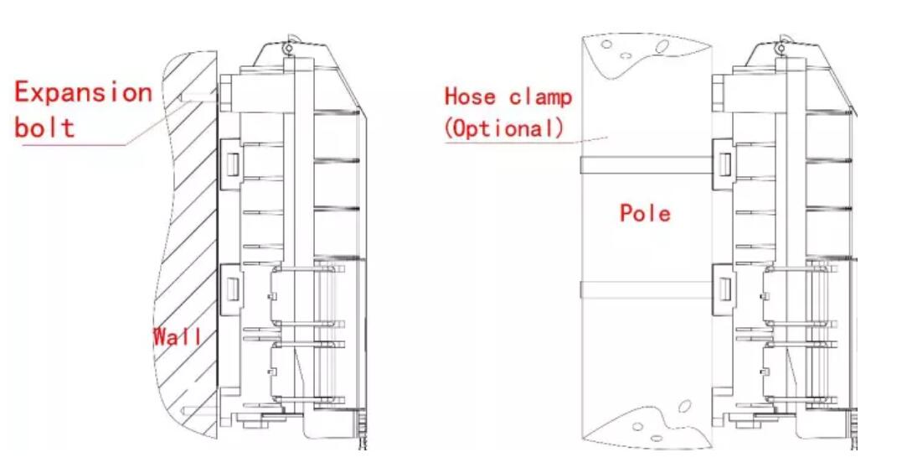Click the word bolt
pos(44,127)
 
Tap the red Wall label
pos(177,337)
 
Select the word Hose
pos(470,96)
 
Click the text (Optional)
pos(504,128)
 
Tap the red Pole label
pos(645,213)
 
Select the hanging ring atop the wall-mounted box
pos(290,48)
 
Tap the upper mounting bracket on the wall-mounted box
pos(229,159)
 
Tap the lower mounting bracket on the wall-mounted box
pos(229,285)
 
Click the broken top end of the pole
pos(645,50)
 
